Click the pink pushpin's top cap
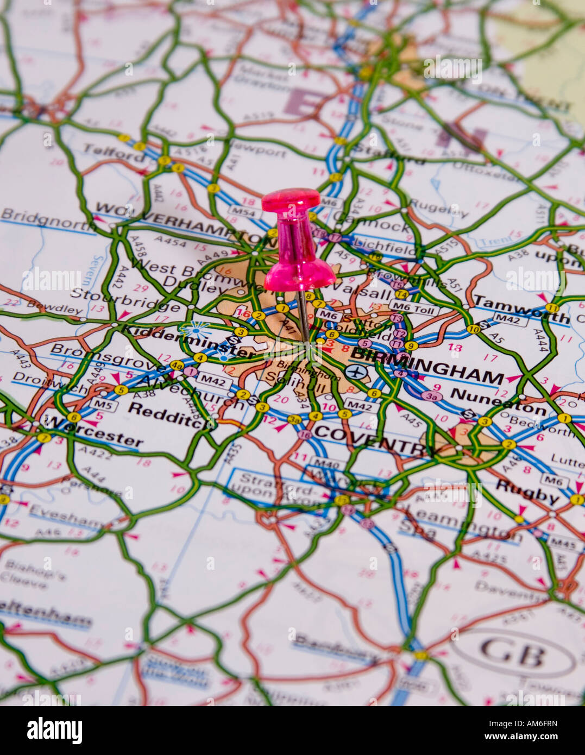tap(291, 199)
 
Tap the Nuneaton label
tap(498, 400)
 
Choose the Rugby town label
tap(527, 492)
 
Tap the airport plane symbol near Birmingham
tap(355, 372)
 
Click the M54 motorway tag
tap(242, 212)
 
